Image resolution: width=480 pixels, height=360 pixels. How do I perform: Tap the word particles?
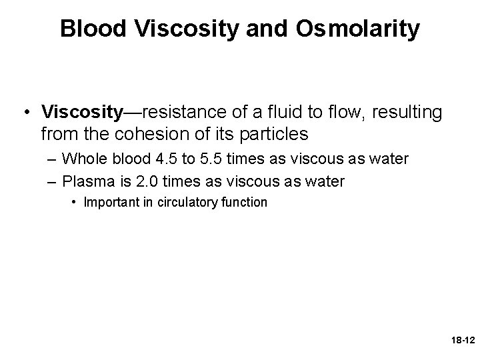270,134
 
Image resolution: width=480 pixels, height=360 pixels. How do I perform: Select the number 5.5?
202,159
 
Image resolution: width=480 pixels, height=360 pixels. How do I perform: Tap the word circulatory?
183,203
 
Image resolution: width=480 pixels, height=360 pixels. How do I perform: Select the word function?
244,203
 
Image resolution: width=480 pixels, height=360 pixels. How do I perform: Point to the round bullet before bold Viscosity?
26,112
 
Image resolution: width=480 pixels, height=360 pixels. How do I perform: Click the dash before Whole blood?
51,160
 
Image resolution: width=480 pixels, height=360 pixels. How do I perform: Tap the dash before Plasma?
51,182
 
